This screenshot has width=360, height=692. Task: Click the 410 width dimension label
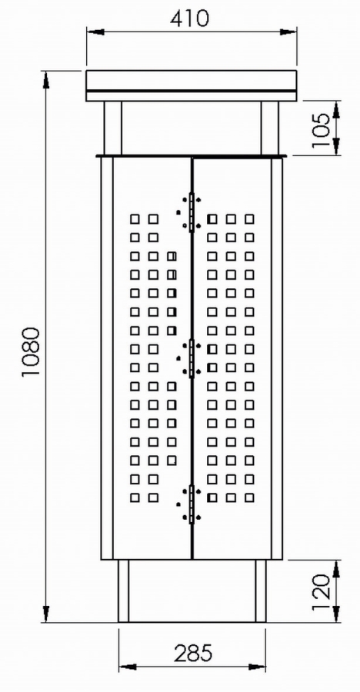[x=189, y=18]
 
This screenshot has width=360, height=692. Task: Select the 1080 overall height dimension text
[x=32, y=351]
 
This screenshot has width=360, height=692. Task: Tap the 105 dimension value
[x=321, y=130]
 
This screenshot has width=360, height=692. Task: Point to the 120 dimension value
[x=321, y=592]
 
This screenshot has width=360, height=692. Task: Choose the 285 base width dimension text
[x=193, y=654]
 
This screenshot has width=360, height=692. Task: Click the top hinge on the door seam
[x=192, y=212]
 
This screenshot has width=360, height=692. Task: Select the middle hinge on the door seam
[x=192, y=358]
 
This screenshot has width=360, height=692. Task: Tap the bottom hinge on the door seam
[x=192, y=504]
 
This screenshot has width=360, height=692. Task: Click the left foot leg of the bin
[x=123, y=591]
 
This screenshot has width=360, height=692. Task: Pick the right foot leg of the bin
[x=261, y=591]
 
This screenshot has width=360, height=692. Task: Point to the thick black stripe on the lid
[x=192, y=91]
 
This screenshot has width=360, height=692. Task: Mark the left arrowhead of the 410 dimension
[x=95, y=32]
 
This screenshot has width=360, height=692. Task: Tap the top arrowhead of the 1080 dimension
[x=46, y=79]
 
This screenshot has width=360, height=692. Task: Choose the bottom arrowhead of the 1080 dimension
[x=46, y=614]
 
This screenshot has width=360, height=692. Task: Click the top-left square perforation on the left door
[x=135, y=219]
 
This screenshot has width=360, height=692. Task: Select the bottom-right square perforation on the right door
[x=249, y=497]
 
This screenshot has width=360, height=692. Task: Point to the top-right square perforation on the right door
[x=249, y=219]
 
